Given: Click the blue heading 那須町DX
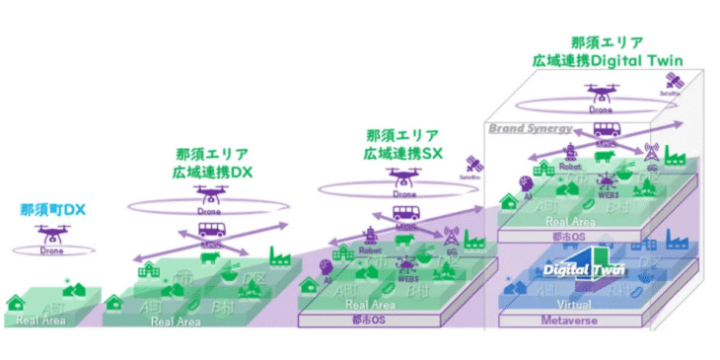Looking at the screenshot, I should click(x=54, y=209).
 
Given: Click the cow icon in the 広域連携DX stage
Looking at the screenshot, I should click(x=209, y=258).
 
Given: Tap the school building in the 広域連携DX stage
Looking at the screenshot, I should click(x=149, y=269).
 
